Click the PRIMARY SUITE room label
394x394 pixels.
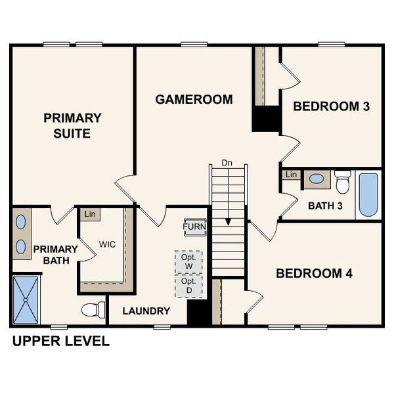pos(72,125)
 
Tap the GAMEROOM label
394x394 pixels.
pos(194,100)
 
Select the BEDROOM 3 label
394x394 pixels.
pos(331,106)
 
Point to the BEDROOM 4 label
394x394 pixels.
pos(314,273)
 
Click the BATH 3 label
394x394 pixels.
pos(325,206)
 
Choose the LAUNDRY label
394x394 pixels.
pos(146,311)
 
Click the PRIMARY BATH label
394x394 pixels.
pos(55,255)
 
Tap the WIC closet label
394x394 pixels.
pos(108,244)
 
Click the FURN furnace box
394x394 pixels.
pos(194,227)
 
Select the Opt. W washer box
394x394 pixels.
pos(188,261)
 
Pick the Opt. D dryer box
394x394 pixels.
pos(188,285)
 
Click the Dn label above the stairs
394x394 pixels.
pos(227,162)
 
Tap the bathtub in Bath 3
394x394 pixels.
pos(368,194)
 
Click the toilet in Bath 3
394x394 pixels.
pos(343,181)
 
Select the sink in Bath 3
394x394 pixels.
pos(317,179)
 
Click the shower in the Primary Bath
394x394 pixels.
pos(27,300)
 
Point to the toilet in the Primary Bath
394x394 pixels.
pos(93,309)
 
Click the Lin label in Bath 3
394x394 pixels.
pos(292,175)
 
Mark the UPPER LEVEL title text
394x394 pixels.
pos(60,341)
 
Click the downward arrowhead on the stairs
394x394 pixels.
pos(227,221)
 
